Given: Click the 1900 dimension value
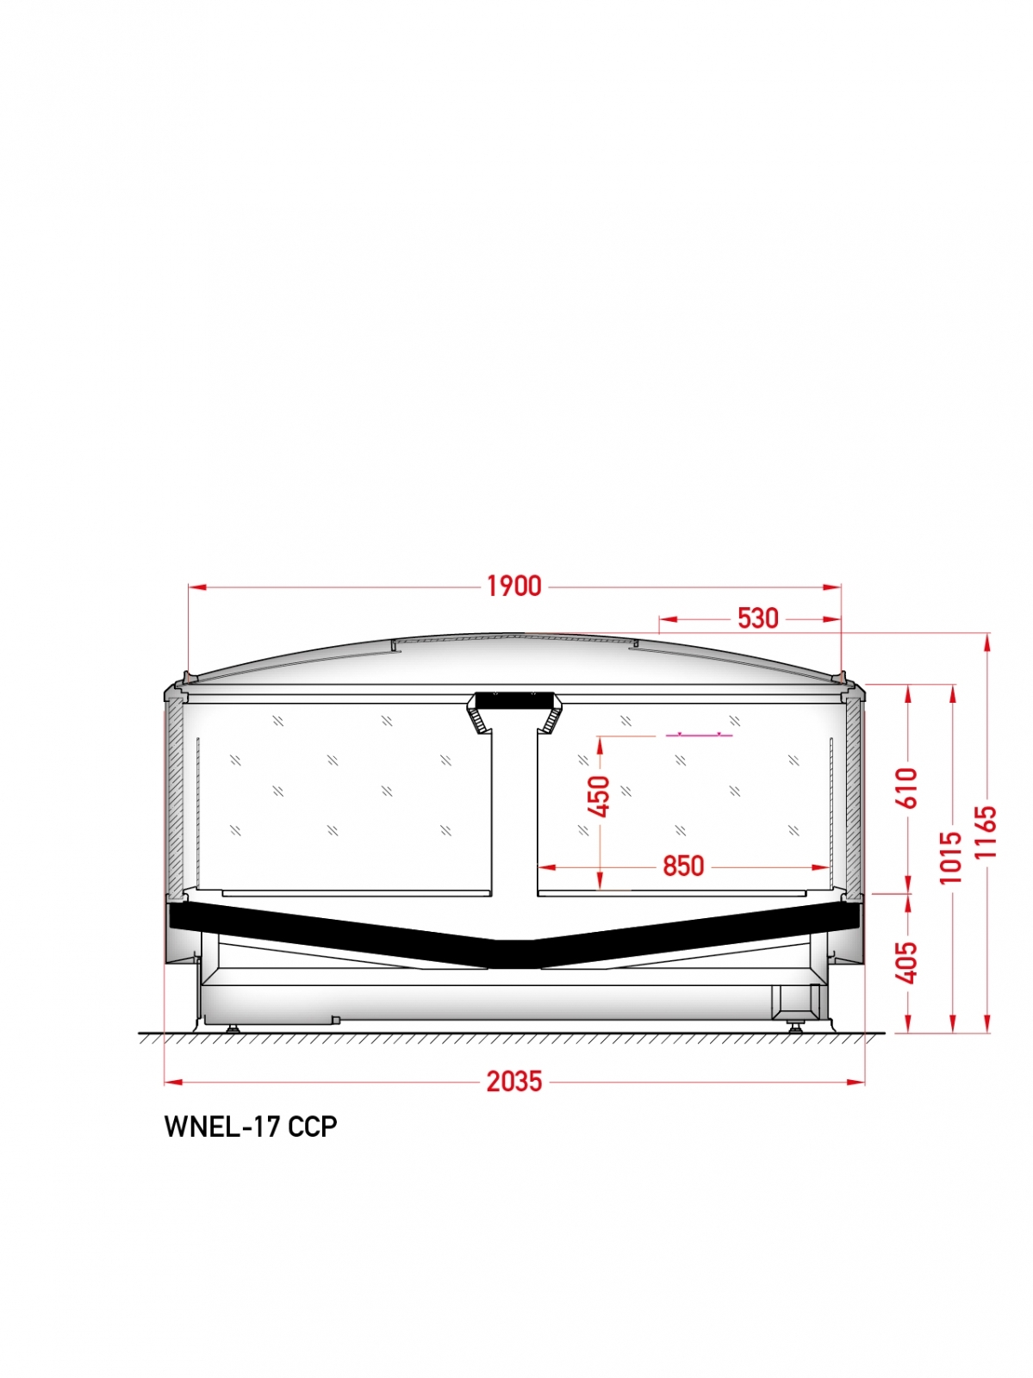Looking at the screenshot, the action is (513, 587).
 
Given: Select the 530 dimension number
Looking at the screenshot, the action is (758, 618).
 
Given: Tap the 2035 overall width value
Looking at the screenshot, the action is (513, 1082).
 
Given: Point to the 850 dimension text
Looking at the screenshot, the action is (683, 866).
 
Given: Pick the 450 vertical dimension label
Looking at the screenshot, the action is (601, 797).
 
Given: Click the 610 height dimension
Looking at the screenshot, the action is (910, 787).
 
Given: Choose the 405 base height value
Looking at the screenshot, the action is (910, 962).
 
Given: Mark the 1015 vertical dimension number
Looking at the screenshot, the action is (951, 858).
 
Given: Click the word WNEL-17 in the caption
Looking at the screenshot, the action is (221, 1145).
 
